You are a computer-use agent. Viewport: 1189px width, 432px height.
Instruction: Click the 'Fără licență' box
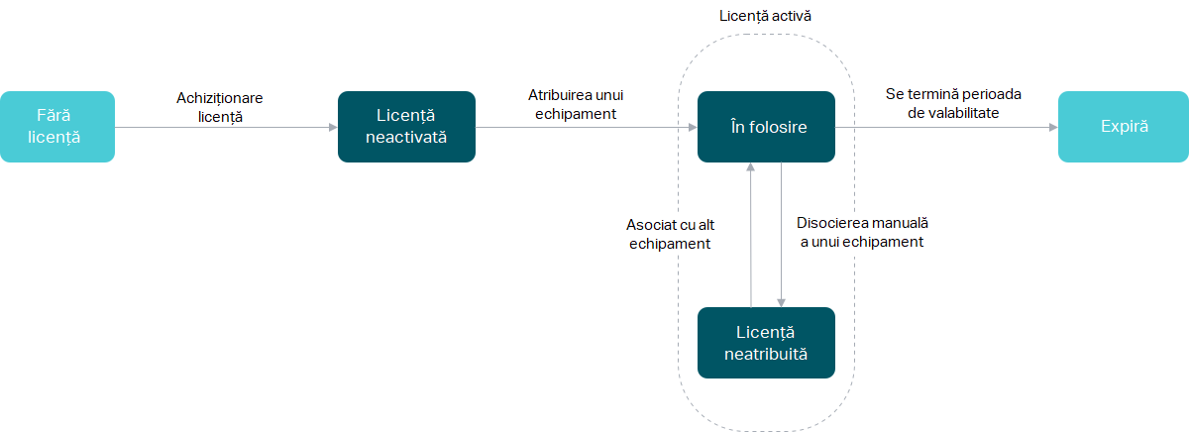pyautogui.click(x=57, y=127)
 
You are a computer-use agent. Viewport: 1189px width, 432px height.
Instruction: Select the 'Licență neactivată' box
pyautogui.click(x=406, y=127)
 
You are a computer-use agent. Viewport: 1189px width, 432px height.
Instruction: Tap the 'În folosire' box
pyautogui.click(x=766, y=127)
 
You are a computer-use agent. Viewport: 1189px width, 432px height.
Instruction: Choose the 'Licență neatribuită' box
pyautogui.click(x=766, y=343)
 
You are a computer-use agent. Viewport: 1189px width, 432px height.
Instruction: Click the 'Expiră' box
pyautogui.click(x=1124, y=127)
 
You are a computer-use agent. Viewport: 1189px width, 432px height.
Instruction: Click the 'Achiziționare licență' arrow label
pyautogui.click(x=220, y=107)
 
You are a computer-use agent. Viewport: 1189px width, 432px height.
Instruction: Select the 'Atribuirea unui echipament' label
pyautogui.click(x=575, y=104)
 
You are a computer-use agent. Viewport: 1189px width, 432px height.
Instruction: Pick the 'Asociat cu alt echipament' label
pyautogui.click(x=670, y=233)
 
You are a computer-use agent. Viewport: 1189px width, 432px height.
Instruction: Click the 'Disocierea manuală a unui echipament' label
pyautogui.click(x=861, y=233)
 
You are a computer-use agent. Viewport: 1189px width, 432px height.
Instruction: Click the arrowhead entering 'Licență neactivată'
pyautogui.click(x=333, y=127)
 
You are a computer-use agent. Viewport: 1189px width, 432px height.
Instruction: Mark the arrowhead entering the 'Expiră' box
pyautogui.click(x=1053, y=127)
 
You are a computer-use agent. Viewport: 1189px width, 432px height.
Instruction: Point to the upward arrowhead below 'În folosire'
pyautogui.click(x=751, y=167)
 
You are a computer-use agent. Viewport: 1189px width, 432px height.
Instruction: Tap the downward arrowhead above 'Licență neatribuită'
pyautogui.click(x=782, y=302)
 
